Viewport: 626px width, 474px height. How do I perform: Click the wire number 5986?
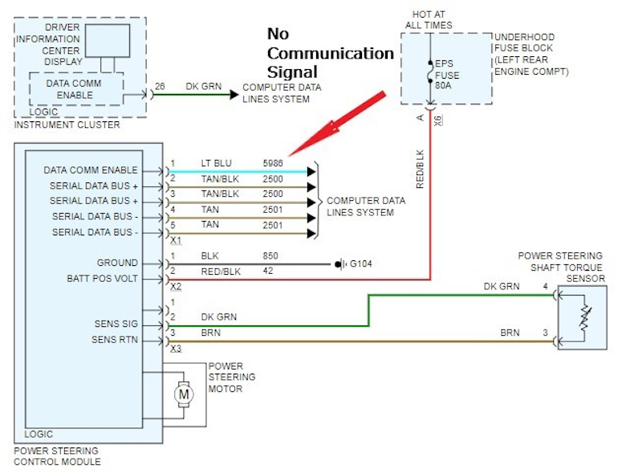click(x=274, y=163)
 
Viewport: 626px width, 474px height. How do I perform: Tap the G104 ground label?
click(x=360, y=263)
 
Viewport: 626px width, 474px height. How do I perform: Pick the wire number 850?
click(x=271, y=255)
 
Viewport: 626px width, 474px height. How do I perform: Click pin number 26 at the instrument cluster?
click(x=160, y=86)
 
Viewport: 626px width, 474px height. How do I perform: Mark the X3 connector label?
click(x=177, y=349)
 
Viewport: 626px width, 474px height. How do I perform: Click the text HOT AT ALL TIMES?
click(x=431, y=20)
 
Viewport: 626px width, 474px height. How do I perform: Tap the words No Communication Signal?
click(x=330, y=53)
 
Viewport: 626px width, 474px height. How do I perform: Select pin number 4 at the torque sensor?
click(x=546, y=286)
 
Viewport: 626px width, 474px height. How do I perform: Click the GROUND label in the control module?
click(x=117, y=264)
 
